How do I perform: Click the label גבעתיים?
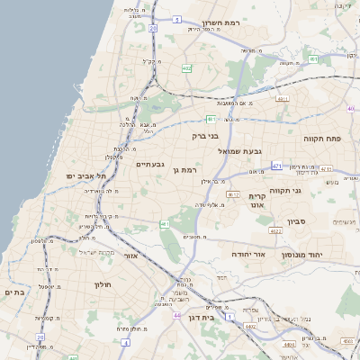click(149, 165)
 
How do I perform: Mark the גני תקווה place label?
click(309, 190)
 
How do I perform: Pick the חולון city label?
click(101, 284)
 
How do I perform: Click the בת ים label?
click(14, 292)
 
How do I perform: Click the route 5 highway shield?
click(177, 18)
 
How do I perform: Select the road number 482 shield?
click(186, 67)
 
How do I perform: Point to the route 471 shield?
click(276, 166)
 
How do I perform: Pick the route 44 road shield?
click(176, 315)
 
